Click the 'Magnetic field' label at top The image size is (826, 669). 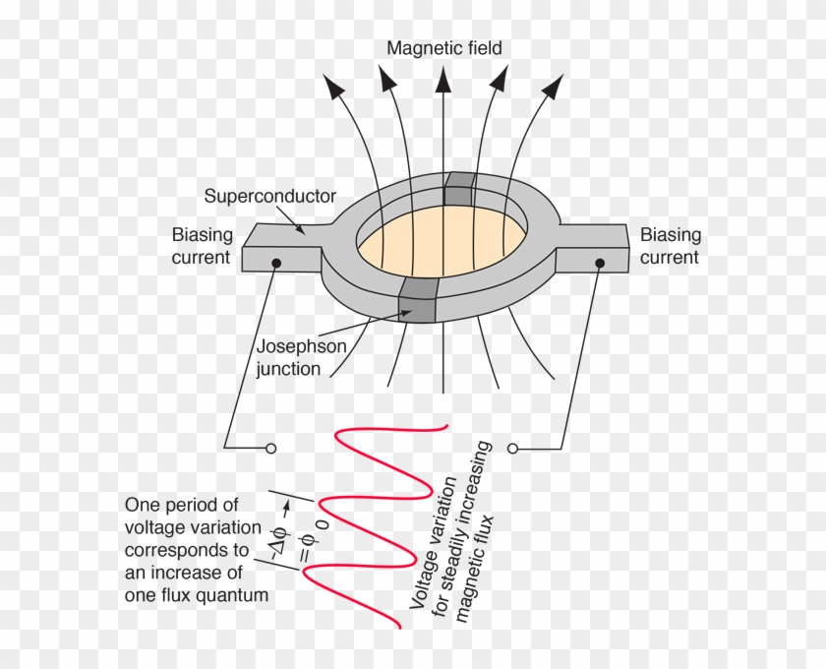[443, 47]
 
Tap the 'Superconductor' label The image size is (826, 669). [270, 196]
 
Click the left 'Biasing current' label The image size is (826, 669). [203, 246]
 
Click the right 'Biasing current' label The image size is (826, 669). [671, 246]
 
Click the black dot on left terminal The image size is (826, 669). [278, 263]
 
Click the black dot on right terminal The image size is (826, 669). [599, 263]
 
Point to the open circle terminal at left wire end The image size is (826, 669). [271, 449]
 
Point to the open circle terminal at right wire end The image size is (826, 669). [512, 449]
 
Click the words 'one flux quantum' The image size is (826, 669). [197, 595]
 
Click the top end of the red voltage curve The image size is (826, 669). [447, 426]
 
